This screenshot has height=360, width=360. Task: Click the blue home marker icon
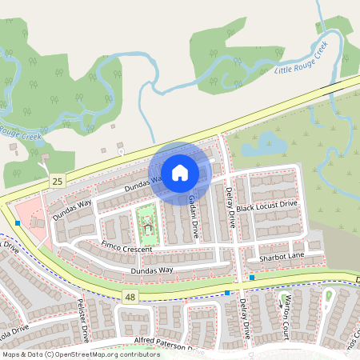point(180,172)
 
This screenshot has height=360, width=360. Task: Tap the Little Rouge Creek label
point(301,61)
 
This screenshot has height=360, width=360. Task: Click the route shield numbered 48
point(130,297)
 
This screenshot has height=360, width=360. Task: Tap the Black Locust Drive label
point(266,206)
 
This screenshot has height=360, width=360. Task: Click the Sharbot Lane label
point(276,258)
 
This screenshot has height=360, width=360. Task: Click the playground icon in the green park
point(146,230)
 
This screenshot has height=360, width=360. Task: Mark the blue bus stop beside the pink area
point(18,223)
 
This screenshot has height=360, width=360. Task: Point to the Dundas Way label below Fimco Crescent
point(130,271)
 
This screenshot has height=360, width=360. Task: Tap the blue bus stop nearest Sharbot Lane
point(252,277)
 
